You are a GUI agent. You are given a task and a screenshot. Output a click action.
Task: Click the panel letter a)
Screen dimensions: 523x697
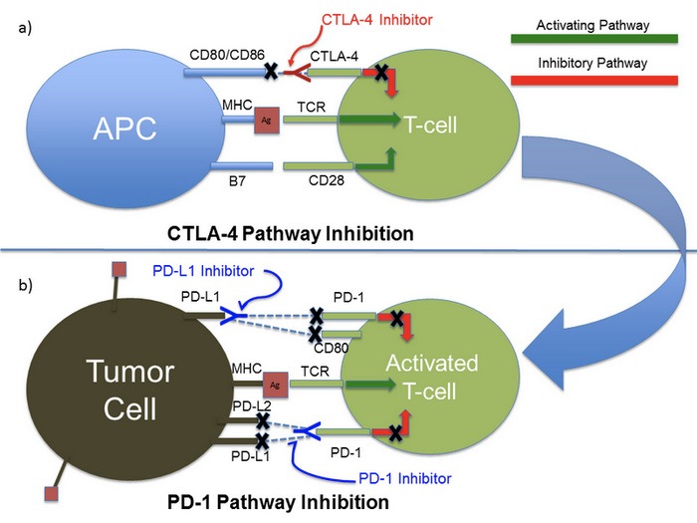click(24, 29)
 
